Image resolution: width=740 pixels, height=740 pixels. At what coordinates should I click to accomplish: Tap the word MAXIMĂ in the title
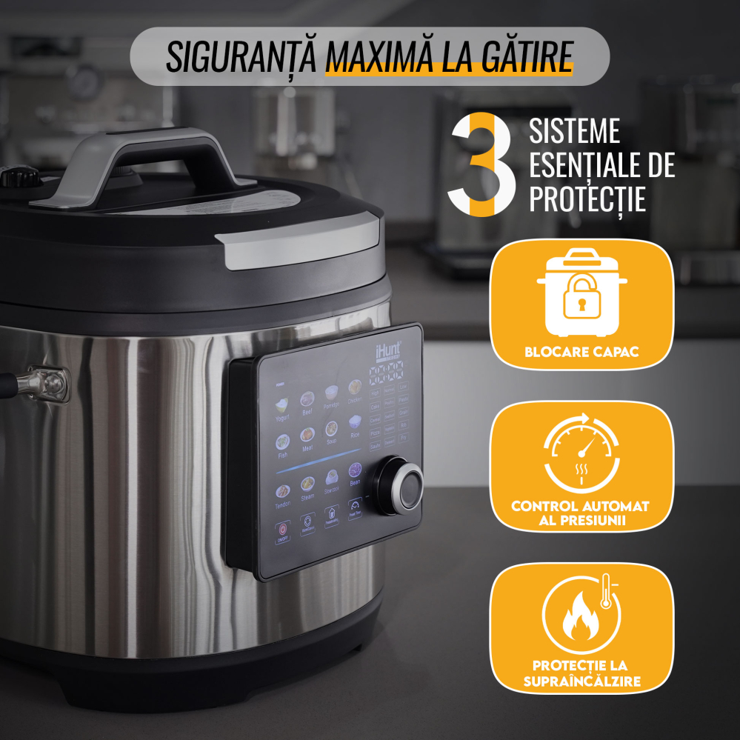377,56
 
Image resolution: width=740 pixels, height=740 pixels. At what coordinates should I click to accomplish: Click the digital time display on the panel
390,372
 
